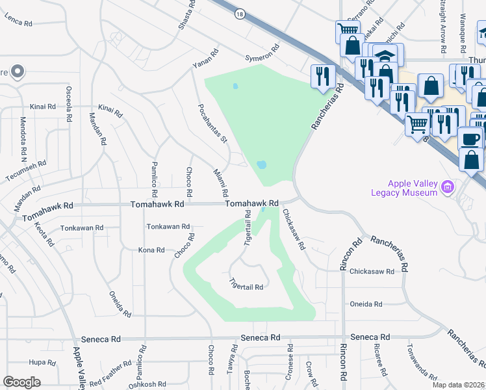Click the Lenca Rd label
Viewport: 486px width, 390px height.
pos(18,23)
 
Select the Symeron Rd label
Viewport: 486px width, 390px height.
pos(262,53)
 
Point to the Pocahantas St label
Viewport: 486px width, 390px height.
pos(213,123)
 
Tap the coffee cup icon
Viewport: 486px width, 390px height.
pos(470,138)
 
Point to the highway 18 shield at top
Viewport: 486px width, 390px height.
pos(240,14)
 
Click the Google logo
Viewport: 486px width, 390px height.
pos(21,382)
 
